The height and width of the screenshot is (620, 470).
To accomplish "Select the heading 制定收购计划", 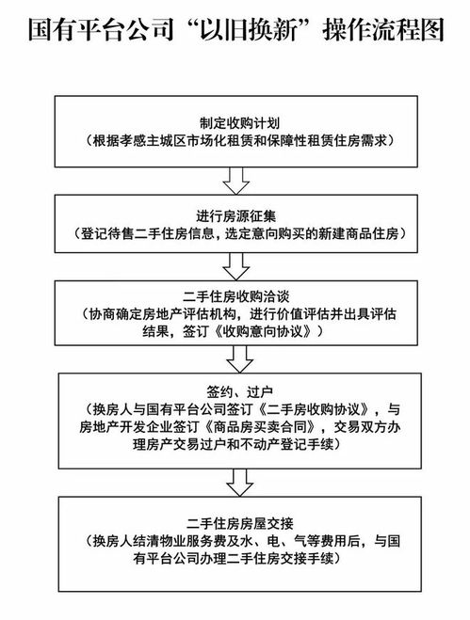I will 235,123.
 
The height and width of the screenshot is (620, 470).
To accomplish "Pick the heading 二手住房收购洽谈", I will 235,297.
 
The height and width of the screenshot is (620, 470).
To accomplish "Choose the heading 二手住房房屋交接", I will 235,523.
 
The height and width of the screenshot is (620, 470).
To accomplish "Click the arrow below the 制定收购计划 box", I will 235,176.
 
